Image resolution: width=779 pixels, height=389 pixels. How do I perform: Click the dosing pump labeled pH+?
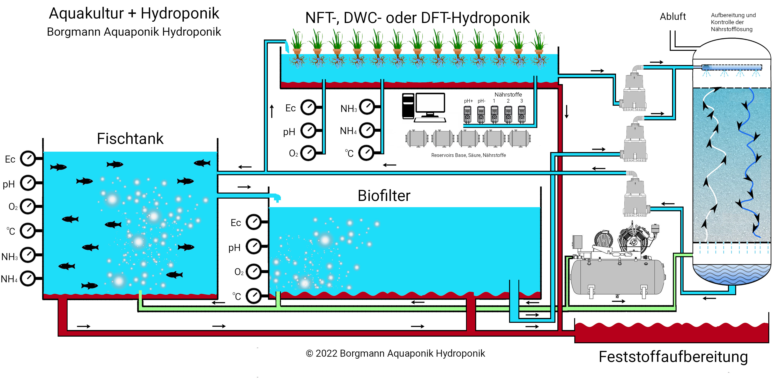click(x=468, y=114)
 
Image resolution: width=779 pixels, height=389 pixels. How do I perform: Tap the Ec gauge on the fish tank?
click(x=28, y=158)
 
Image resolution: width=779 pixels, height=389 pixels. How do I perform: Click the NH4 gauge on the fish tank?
click(x=28, y=279)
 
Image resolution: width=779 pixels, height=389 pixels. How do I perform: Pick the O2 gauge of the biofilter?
click(x=254, y=271)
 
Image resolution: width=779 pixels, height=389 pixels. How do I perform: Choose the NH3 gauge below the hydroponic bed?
click(x=367, y=107)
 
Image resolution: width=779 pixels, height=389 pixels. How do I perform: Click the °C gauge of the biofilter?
click(x=254, y=296)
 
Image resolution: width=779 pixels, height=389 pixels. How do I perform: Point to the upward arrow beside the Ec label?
click(x=272, y=111)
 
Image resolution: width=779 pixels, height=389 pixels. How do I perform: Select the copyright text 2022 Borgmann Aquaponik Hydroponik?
click(x=395, y=353)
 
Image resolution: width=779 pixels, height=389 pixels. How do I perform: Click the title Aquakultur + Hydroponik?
click(x=134, y=14)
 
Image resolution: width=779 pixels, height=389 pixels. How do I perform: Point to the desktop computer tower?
click(x=408, y=106)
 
